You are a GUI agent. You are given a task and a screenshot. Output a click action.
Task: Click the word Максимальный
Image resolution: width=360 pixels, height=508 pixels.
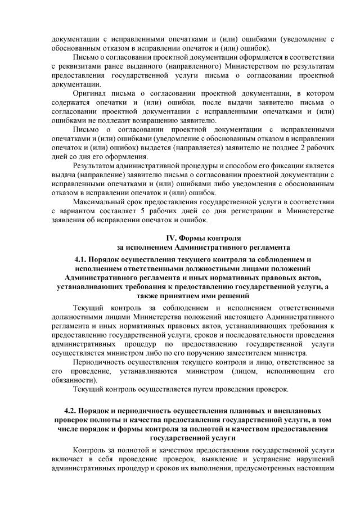pos(99,201)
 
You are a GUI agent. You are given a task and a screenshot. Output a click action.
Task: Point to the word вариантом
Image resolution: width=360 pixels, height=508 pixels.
pos(81,210)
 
